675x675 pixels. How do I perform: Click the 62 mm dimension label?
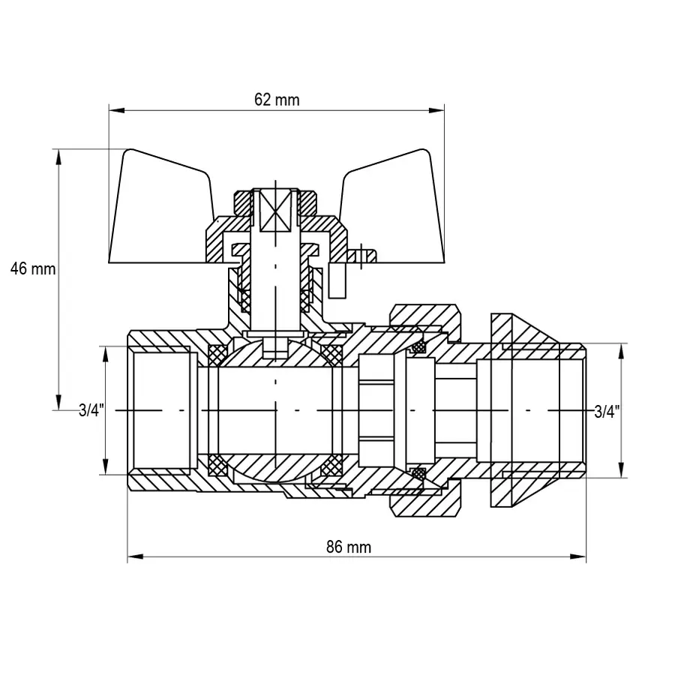tap(276, 100)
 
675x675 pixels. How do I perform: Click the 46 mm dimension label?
tap(33, 268)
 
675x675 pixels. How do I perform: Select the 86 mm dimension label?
tap(349, 547)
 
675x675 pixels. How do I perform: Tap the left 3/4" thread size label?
tap(91, 410)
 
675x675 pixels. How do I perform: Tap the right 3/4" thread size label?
tap(607, 410)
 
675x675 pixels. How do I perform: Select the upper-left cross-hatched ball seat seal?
tap(218, 352)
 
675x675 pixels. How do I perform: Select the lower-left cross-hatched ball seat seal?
tap(217, 466)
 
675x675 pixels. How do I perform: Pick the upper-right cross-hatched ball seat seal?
tap(330, 352)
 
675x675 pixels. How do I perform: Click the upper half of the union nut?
tap(424, 319)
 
